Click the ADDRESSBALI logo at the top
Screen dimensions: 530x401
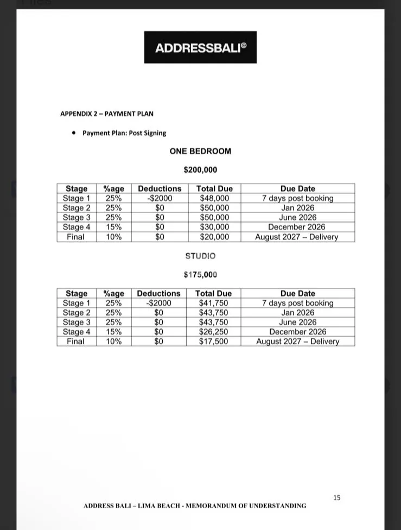200,47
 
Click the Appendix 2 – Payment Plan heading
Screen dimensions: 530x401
107,113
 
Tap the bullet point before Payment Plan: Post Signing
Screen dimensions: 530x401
73,132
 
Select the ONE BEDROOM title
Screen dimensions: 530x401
200,151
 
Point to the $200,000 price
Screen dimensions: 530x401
200,170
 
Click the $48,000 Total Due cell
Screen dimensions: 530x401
214,198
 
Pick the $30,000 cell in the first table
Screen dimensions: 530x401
214,227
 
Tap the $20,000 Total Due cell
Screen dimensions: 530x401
214,237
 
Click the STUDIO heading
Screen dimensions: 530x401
200,256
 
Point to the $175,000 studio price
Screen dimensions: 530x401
200,275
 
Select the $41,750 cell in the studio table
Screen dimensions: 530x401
213,303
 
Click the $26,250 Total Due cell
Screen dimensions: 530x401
213,332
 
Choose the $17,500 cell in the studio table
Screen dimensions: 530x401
213,342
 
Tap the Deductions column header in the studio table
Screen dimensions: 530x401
158,293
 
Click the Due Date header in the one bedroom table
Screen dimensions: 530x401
297,188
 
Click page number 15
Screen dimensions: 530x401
336,497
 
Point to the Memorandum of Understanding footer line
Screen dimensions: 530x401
195,506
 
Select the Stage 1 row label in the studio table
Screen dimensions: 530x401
77,303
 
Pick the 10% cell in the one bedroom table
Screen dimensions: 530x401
113,237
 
